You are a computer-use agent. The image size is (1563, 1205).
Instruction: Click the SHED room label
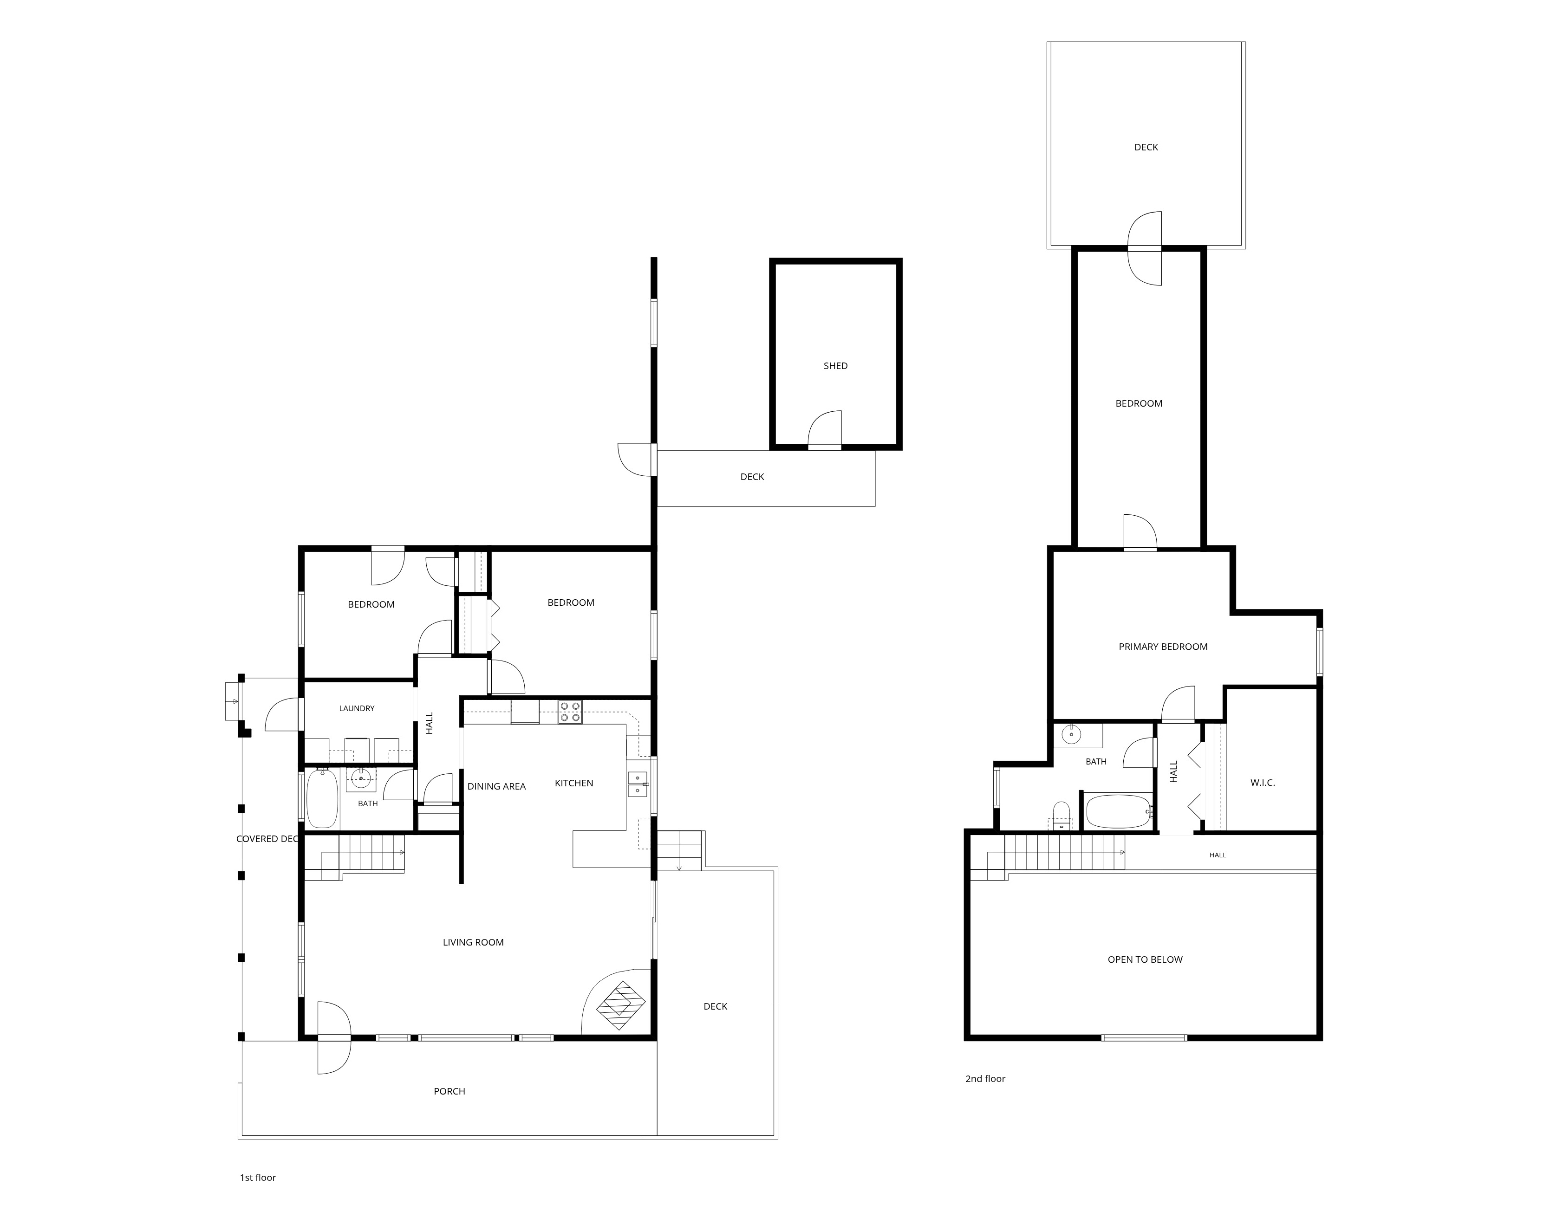835,366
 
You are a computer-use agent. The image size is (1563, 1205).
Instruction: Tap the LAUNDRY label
357,708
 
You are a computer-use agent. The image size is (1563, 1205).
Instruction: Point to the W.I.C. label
1263,783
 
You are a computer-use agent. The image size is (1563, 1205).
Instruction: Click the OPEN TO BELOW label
1145,959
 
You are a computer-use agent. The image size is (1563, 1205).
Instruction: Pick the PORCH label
449,1091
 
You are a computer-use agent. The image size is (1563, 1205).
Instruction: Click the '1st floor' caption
258,1178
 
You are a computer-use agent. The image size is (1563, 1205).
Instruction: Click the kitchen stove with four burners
570,713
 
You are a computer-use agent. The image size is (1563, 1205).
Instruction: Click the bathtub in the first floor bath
322,798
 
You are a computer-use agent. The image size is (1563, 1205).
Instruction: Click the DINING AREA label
497,786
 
